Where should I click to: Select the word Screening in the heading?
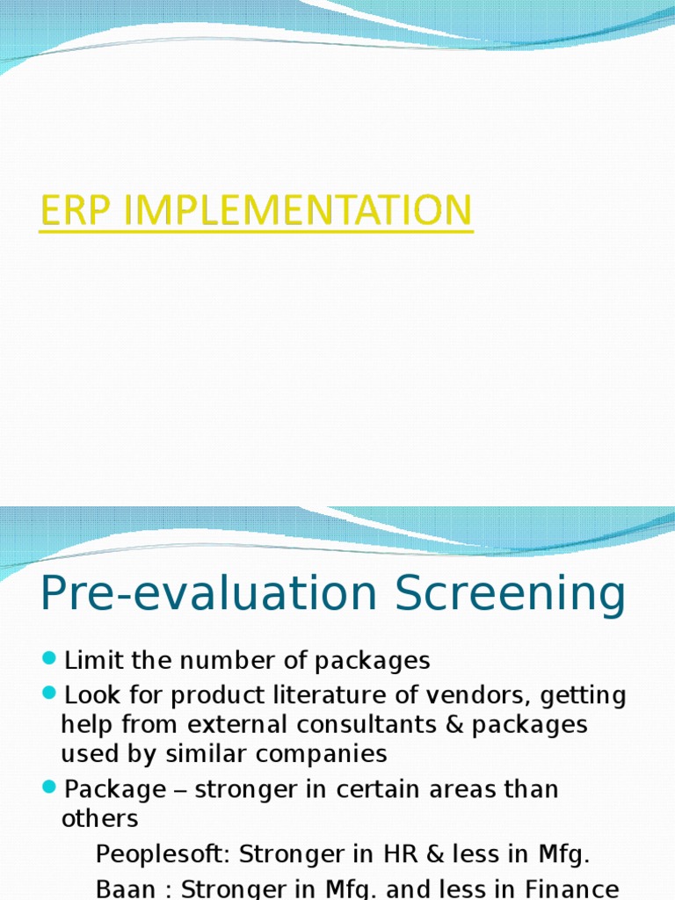[x=511, y=595]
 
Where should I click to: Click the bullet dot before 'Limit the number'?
[x=49, y=658]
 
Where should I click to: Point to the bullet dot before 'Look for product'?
[x=49, y=694]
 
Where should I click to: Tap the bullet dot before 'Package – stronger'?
[x=49, y=787]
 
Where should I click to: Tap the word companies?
[x=337, y=754]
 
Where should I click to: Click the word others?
[x=99, y=818]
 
